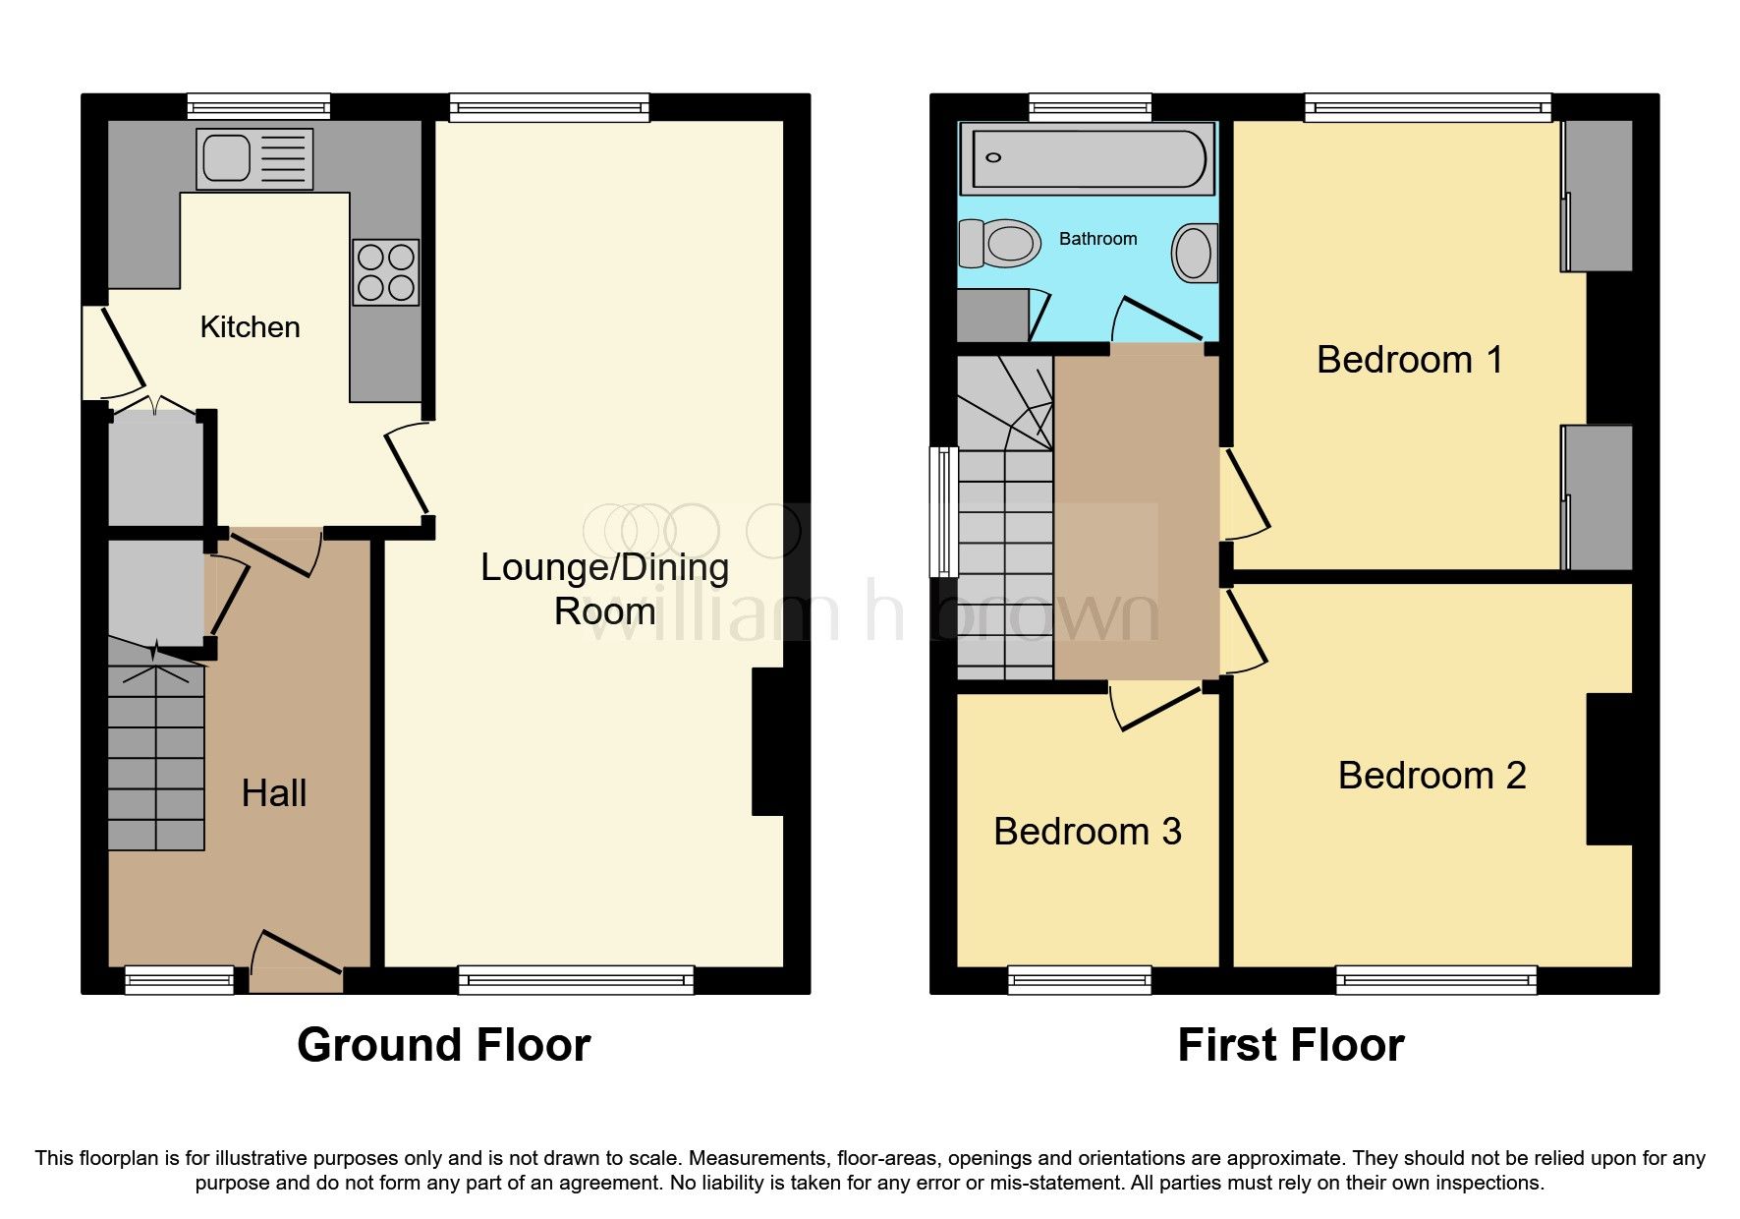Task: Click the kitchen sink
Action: pyautogui.click(x=254, y=158)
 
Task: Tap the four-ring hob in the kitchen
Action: pyautogui.click(x=385, y=272)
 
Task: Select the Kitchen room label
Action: pyautogui.click(x=250, y=327)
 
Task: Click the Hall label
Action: pyautogui.click(x=274, y=793)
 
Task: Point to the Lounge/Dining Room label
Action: pyautogui.click(x=604, y=589)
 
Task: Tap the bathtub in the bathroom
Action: pyautogui.click(x=1088, y=157)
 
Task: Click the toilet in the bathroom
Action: pyautogui.click(x=1000, y=242)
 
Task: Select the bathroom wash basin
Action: pyautogui.click(x=1195, y=253)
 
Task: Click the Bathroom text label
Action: pyautogui.click(x=1097, y=239)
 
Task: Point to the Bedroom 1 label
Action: pyautogui.click(x=1409, y=360)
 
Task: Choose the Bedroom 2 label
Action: pyautogui.click(x=1431, y=776)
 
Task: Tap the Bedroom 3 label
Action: pyautogui.click(x=1087, y=832)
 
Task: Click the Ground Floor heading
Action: pyautogui.click(x=443, y=1045)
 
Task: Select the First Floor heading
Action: pyautogui.click(x=1290, y=1045)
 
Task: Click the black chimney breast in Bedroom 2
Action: pyautogui.click(x=1608, y=769)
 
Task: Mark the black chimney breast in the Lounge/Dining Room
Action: pyautogui.click(x=767, y=741)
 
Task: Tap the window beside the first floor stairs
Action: pyautogui.click(x=944, y=511)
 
